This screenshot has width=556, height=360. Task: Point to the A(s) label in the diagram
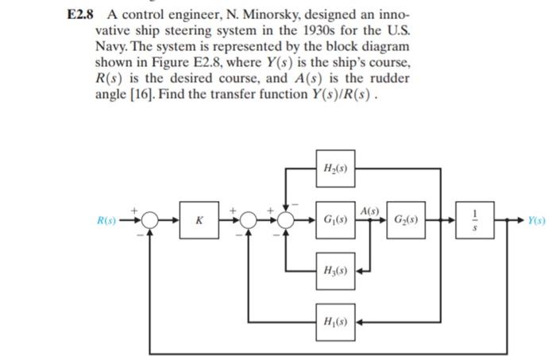pos(369,209)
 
